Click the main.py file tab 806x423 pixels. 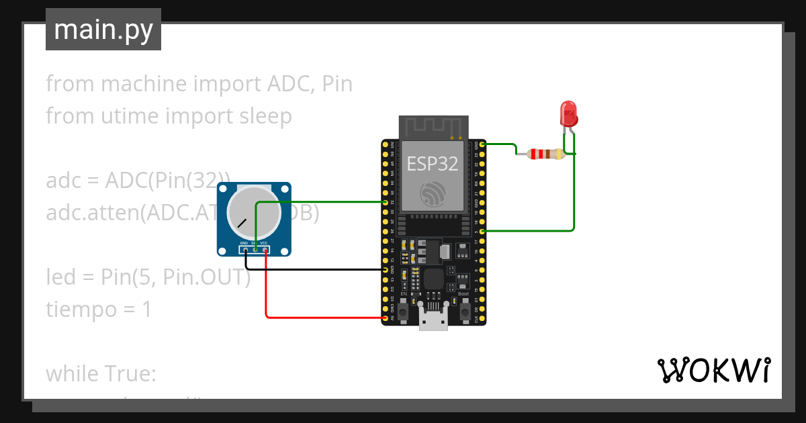(x=103, y=30)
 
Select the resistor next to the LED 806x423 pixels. (x=546, y=154)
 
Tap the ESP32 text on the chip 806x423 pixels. (x=432, y=163)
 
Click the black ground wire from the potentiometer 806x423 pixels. (x=316, y=269)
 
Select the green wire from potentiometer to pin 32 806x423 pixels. (x=322, y=201)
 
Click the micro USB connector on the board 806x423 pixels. (x=433, y=319)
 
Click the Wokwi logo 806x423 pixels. (x=713, y=371)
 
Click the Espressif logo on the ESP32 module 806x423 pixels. (x=432, y=194)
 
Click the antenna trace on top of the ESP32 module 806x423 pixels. (x=432, y=127)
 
